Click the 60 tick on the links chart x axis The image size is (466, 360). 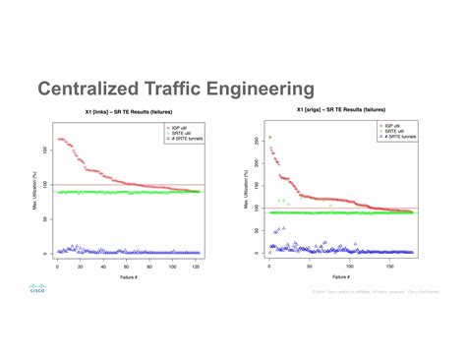tap(127, 267)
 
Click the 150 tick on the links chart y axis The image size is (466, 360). tap(44, 151)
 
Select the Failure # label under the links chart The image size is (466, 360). tap(128, 277)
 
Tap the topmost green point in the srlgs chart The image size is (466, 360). tap(269, 138)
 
